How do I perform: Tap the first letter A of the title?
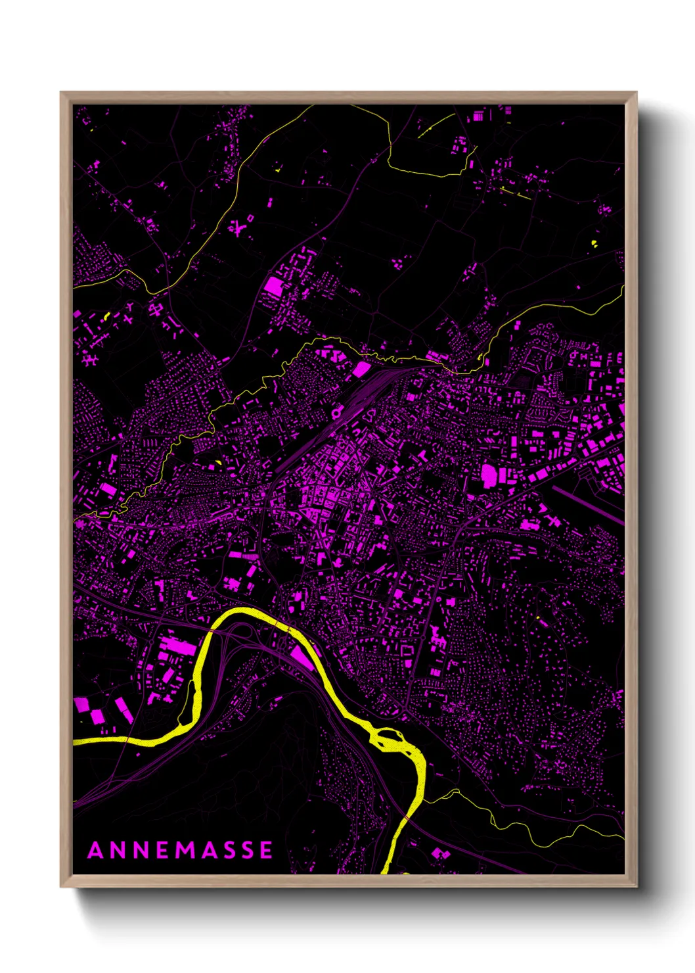coord(95,850)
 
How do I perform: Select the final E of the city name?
coord(265,850)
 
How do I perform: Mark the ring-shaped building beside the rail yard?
coord(338,413)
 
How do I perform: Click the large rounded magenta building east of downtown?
coord(489,474)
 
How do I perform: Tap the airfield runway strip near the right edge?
coord(588,503)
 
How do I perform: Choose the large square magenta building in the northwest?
coord(273,285)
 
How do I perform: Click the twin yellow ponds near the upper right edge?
coord(594,244)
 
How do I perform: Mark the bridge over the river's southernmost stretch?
coord(407,817)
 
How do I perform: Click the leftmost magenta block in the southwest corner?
coord(81,705)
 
